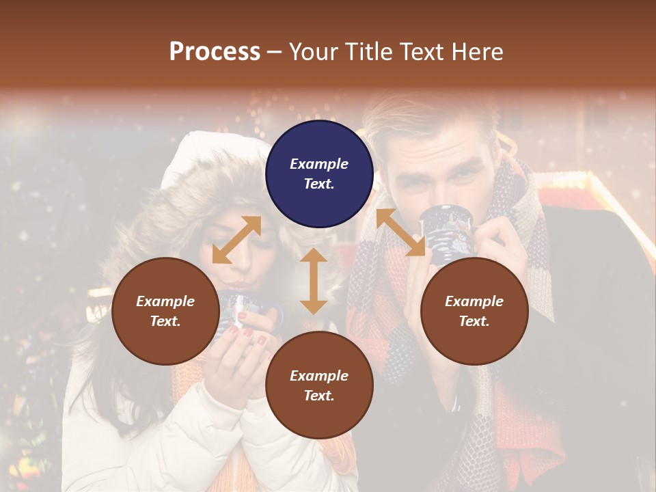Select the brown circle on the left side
pyautogui.click(x=165, y=311)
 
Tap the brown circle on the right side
pyautogui.click(x=474, y=311)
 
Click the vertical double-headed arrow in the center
pyautogui.click(x=314, y=281)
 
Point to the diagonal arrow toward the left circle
pyautogui.click(x=236, y=240)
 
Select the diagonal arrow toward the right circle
pyautogui.click(x=400, y=232)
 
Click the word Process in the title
pyautogui.click(x=215, y=51)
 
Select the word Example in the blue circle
pyautogui.click(x=319, y=164)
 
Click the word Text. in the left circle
pyautogui.click(x=165, y=321)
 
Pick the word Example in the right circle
pyautogui.click(x=474, y=301)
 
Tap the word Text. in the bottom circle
pyautogui.click(x=319, y=396)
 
